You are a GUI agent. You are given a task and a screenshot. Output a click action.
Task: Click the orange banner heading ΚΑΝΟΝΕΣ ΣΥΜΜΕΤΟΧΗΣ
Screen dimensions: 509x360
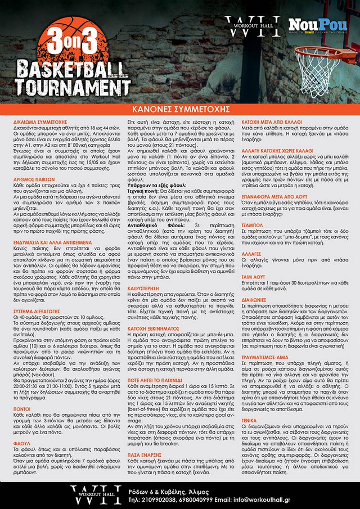coord(180,107)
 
